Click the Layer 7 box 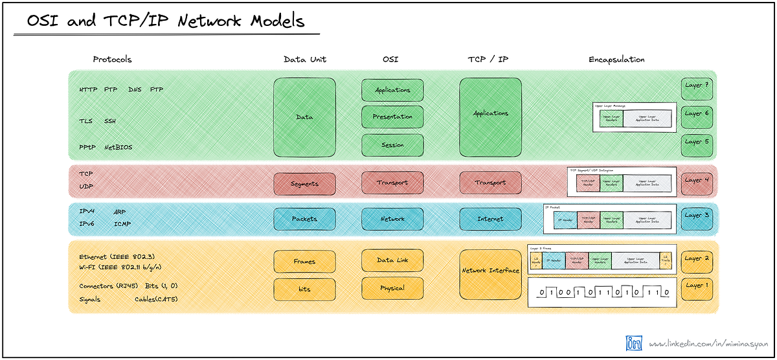coord(697,85)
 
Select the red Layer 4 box coord(697,183)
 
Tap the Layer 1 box coord(697,288)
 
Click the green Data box coord(304,117)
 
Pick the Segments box coord(304,184)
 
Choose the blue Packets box coord(304,219)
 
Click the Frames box coord(304,262)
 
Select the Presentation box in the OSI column coord(392,117)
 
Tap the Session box coord(392,145)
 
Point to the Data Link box coord(392,260)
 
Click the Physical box coord(392,288)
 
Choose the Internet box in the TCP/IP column coord(490,219)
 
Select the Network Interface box coord(490,274)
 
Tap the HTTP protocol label coord(88,89)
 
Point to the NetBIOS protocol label coord(118,147)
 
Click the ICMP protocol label coord(123,223)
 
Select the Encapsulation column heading coord(616,59)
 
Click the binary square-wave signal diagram coord(602,292)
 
